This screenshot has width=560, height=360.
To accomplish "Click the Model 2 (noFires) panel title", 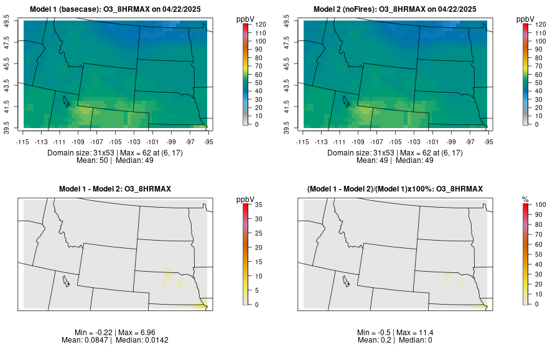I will pyautogui.click(x=395, y=9).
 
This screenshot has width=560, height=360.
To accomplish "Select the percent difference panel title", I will pyautogui.click(x=395, y=188).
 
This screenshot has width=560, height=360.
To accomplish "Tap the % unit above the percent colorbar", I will pyautogui.click(x=525, y=199).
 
